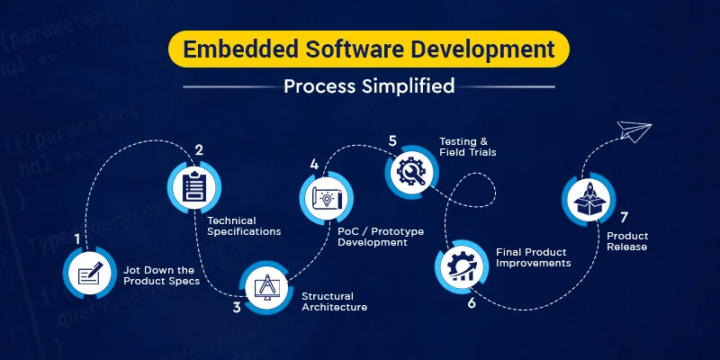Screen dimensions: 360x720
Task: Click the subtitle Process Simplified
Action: (x=368, y=86)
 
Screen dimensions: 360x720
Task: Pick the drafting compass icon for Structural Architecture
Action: (x=271, y=288)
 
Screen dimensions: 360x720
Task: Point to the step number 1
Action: (x=78, y=239)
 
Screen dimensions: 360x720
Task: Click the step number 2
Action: (x=199, y=150)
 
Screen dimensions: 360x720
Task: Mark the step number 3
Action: (x=237, y=307)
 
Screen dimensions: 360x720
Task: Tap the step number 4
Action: (x=314, y=164)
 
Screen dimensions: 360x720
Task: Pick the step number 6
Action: (x=471, y=302)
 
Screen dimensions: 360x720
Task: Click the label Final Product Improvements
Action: (x=534, y=257)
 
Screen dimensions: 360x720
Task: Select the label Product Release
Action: (x=627, y=241)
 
